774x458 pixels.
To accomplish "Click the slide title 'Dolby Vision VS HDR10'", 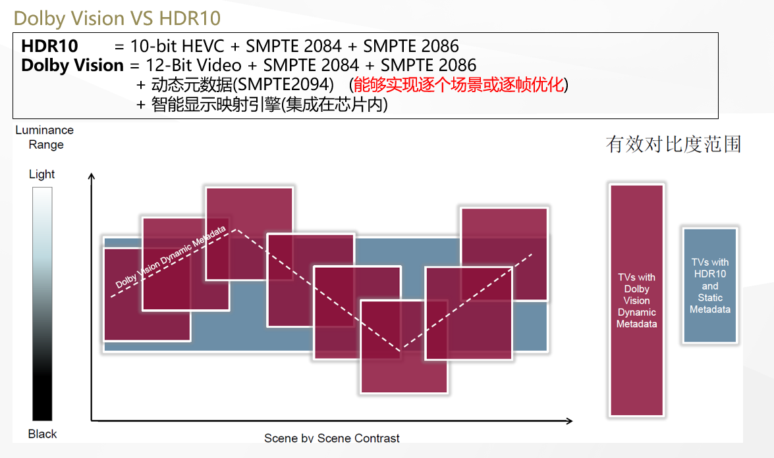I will tap(117, 18).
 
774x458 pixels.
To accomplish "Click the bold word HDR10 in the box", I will tap(49, 46).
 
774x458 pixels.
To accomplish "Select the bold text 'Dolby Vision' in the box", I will tap(72, 65).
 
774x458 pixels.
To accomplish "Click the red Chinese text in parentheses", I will tap(458, 85).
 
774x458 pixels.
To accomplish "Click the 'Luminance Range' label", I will tap(45, 137).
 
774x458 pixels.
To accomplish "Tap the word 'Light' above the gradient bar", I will tap(41, 174).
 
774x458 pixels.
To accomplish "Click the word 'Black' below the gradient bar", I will tap(42, 434).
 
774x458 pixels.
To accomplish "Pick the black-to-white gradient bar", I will tap(42, 303).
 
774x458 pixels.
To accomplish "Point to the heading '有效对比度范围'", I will tap(673, 144).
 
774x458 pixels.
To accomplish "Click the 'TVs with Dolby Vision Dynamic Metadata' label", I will tap(636, 300).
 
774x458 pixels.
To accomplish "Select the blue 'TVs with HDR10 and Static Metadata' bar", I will tap(709, 285).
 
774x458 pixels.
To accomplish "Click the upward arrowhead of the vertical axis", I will tap(92, 176).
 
